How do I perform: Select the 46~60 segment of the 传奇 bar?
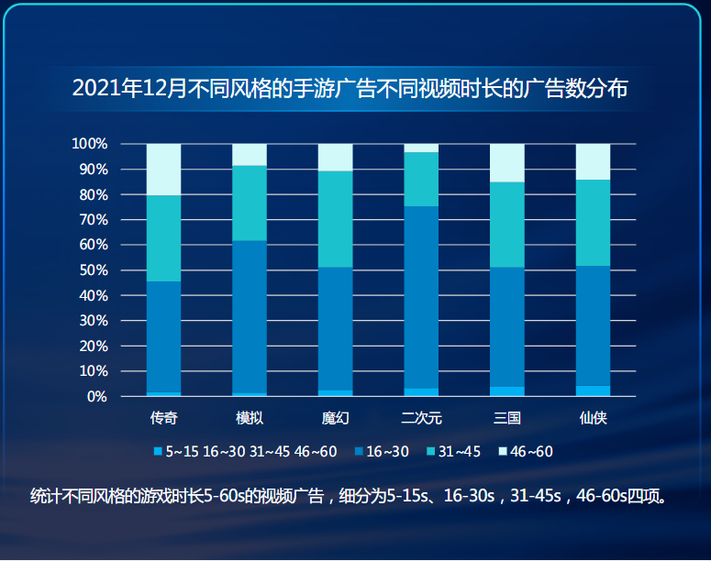point(163,170)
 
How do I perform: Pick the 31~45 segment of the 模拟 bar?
point(250,203)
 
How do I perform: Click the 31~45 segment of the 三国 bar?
point(507,225)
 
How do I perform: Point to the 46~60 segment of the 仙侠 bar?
point(593,161)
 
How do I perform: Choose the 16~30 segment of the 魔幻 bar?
point(335,329)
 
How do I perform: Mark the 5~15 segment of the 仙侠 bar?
point(593,391)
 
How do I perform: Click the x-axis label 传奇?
point(163,418)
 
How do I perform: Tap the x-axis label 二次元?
point(421,418)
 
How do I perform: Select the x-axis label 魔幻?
point(335,418)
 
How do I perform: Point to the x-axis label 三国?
point(507,418)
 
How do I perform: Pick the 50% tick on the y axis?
point(93,270)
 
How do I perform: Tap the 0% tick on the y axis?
point(96,397)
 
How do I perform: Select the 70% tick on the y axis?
point(93,220)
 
